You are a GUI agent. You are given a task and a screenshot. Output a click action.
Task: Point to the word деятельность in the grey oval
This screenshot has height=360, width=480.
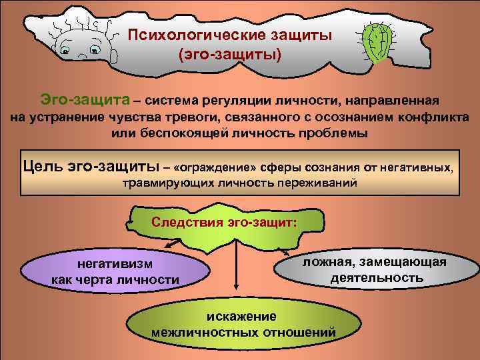[377, 277]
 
